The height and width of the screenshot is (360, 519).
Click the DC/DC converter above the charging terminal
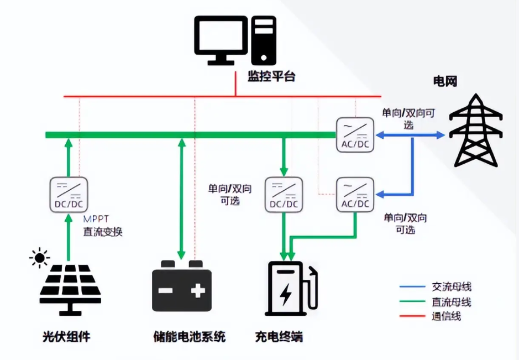tap(284, 194)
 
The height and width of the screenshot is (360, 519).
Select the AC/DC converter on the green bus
tap(355, 134)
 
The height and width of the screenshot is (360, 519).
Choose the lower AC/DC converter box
tap(355, 194)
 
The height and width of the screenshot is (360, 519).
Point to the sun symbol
tap(39, 258)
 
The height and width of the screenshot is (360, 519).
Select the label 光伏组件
tap(66, 337)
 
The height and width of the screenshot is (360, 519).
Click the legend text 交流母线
tap(452, 287)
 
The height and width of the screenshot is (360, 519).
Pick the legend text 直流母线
tap(452, 302)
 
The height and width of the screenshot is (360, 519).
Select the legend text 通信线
tap(446, 316)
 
